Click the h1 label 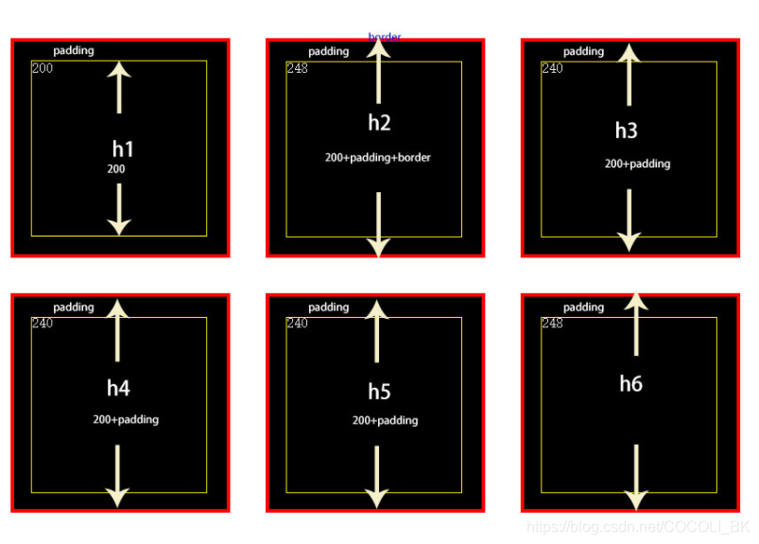pyautogui.click(x=123, y=149)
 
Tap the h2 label pyautogui.click(x=379, y=122)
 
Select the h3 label pyautogui.click(x=627, y=131)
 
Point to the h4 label pyautogui.click(x=118, y=388)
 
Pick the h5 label pyautogui.click(x=379, y=392)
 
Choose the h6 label pyautogui.click(x=630, y=383)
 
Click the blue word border pyautogui.click(x=385, y=37)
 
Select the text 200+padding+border pyautogui.click(x=378, y=158)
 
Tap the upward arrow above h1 pyautogui.click(x=119, y=87)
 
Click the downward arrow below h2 pyautogui.click(x=378, y=224)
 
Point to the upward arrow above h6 pyautogui.click(x=636, y=325)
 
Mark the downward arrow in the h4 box pyautogui.click(x=117, y=476)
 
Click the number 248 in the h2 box pyautogui.click(x=297, y=68)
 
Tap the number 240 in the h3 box pyautogui.click(x=552, y=68)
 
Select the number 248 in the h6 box pyautogui.click(x=552, y=324)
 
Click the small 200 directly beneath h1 pyautogui.click(x=115, y=169)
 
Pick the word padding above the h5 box pyautogui.click(x=329, y=307)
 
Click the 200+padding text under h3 pyautogui.click(x=638, y=164)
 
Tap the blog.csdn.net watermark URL pyautogui.click(x=638, y=526)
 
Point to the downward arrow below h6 pyautogui.click(x=636, y=477)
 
